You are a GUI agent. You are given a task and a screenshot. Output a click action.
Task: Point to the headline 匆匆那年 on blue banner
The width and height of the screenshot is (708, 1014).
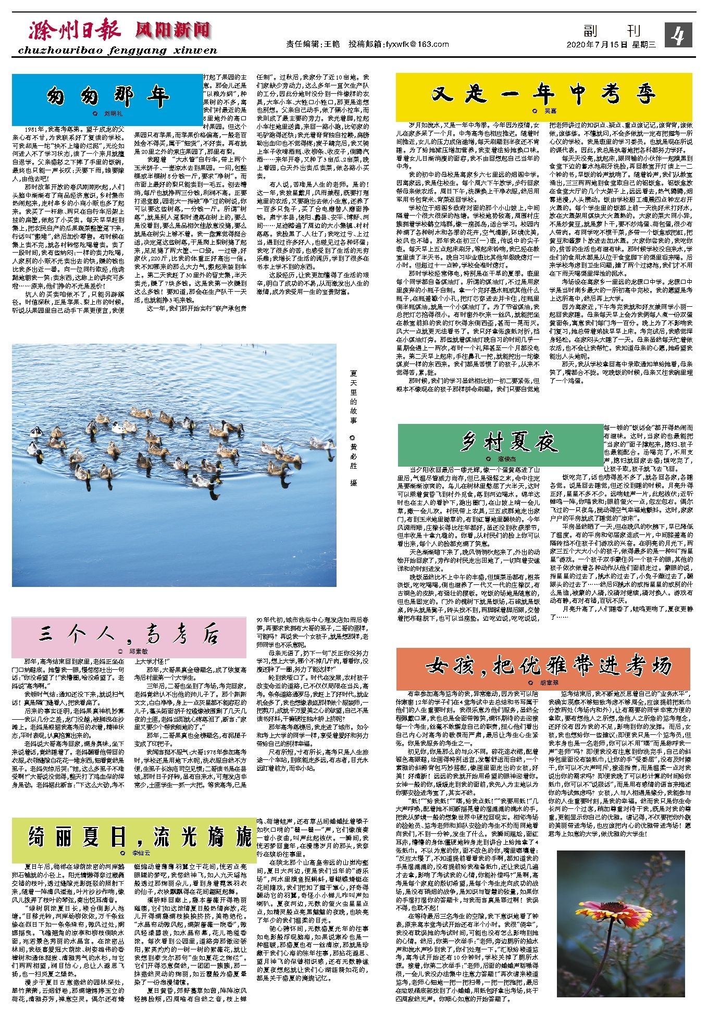pyautogui.click(x=107, y=96)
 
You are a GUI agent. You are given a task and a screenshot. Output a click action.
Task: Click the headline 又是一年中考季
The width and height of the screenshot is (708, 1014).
pyautogui.click(x=543, y=95)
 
